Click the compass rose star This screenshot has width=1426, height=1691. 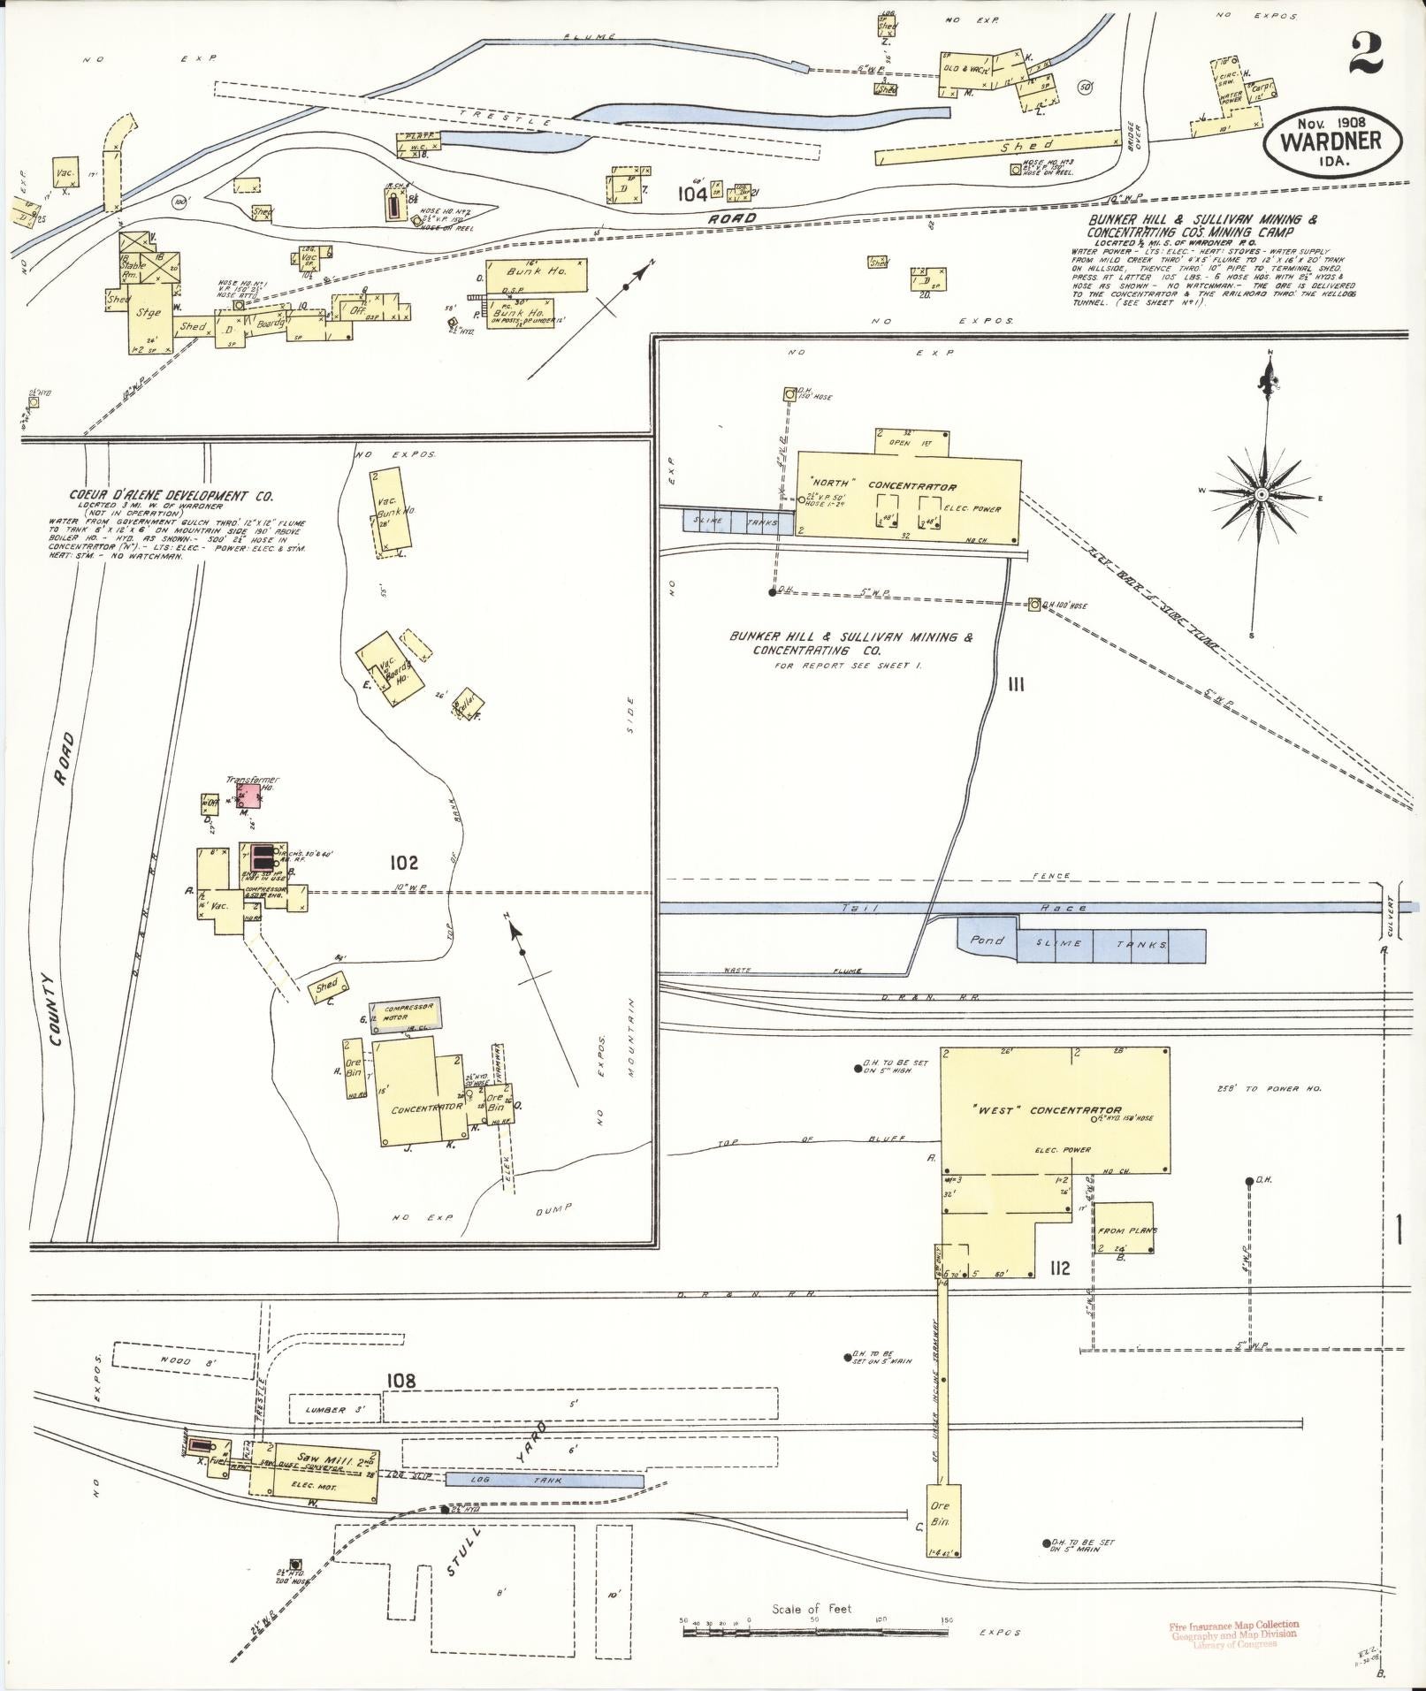pyautogui.click(x=1262, y=493)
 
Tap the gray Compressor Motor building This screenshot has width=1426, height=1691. pyautogui.click(x=404, y=1017)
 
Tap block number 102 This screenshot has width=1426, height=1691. pyautogui.click(x=402, y=863)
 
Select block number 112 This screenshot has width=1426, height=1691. pyautogui.click(x=1060, y=1269)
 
